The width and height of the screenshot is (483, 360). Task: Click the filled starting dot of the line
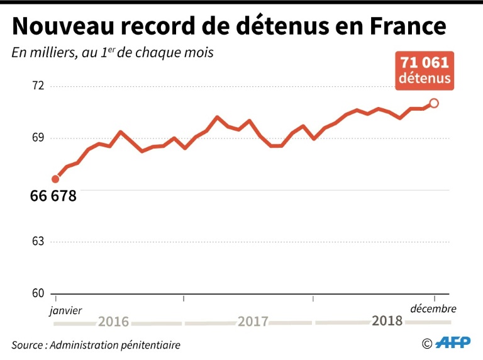click(55, 179)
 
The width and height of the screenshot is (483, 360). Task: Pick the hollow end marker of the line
click(434, 103)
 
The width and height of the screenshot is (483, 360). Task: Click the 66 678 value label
click(53, 196)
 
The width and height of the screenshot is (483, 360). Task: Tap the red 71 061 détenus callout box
click(425, 70)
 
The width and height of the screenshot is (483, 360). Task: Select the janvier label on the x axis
click(65, 310)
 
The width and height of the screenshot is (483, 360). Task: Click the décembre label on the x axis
click(433, 309)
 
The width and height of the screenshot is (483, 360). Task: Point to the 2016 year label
click(113, 322)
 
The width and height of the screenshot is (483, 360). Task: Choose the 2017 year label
click(253, 322)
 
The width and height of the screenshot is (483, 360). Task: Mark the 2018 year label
click(387, 321)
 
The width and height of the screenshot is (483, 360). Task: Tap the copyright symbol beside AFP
click(427, 344)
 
